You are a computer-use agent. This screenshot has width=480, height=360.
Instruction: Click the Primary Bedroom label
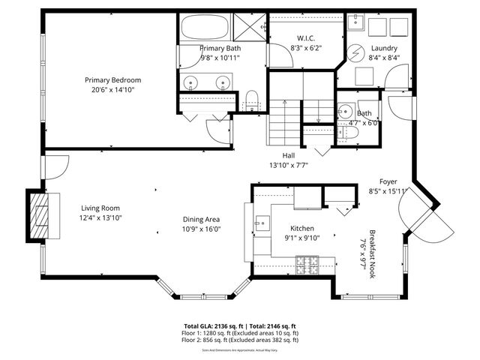tap(112, 79)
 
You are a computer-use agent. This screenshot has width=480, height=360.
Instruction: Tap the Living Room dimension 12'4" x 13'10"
tap(100, 217)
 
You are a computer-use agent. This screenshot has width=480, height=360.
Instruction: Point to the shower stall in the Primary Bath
tap(249, 28)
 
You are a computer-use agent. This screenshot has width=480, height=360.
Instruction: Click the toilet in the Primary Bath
tap(251, 96)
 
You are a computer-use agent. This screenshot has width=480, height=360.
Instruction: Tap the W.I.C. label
tap(304, 39)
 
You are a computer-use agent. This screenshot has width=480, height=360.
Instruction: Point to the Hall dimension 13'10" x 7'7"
tap(289, 164)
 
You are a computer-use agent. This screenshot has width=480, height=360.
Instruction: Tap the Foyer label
tap(388, 181)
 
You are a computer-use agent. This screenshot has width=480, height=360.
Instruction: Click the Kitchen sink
tap(262, 223)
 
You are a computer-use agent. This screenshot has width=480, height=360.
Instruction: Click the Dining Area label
tap(202, 219)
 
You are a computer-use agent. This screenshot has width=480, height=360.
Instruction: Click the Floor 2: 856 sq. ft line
tap(240, 340)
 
